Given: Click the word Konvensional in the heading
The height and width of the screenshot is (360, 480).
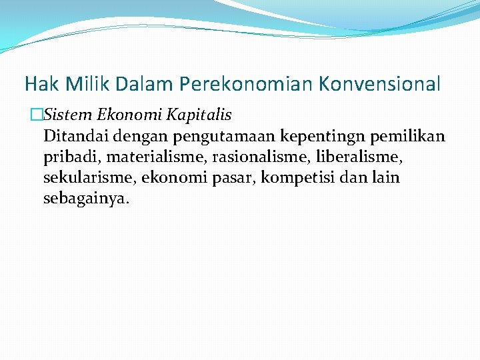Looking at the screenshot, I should pos(379,84).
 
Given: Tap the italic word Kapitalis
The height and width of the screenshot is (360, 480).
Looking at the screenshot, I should pos(199,115).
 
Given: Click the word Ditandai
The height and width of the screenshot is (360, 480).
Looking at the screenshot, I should pos(76,137).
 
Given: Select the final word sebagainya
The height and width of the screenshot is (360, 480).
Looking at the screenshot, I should pos(86,199).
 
